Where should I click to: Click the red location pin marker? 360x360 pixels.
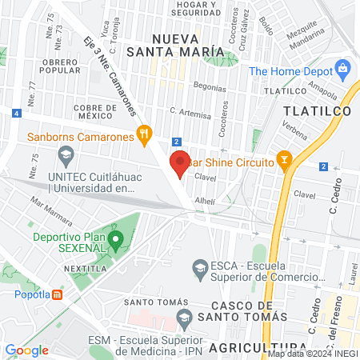pyautogui.click(x=180, y=163)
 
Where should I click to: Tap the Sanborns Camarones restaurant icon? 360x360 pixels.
pyautogui.click(x=144, y=134)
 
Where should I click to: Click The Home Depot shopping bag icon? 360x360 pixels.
pyautogui.click(x=344, y=70)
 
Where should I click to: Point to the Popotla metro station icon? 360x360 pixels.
pyautogui.click(x=58, y=294)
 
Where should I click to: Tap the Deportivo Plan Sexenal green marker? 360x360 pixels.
pyautogui.click(x=117, y=238)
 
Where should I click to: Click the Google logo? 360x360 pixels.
pyautogui.click(x=27, y=350)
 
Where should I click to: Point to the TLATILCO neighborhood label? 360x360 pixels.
pyautogui.click(x=319, y=112)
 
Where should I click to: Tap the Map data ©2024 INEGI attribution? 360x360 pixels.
pyautogui.click(x=312, y=354)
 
